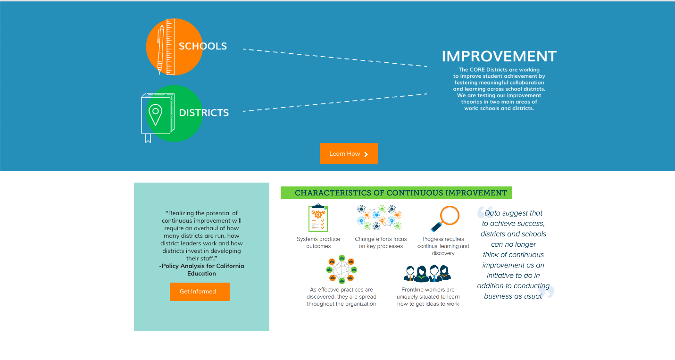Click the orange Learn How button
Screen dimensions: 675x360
click(x=349, y=153)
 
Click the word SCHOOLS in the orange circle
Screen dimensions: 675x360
click(x=203, y=46)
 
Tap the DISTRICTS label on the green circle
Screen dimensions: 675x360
click(x=204, y=113)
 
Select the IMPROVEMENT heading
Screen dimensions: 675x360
click(x=500, y=56)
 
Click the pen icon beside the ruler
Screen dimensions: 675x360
click(x=160, y=50)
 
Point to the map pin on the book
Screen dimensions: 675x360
click(x=156, y=115)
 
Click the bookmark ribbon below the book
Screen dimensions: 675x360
click(x=148, y=138)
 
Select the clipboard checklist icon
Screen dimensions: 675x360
click(x=318, y=218)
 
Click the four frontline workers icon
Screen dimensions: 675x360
click(x=427, y=274)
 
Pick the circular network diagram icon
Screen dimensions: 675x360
click(x=342, y=269)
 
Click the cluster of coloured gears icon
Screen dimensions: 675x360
click(x=379, y=218)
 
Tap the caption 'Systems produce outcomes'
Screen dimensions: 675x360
click(x=318, y=243)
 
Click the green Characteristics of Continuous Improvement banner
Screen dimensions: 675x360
click(x=396, y=193)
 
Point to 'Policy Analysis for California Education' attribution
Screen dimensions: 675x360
click(x=201, y=269)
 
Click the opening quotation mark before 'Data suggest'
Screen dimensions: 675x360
click(x=485, y=212)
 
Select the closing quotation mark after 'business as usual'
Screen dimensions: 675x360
click(x=547, y=292)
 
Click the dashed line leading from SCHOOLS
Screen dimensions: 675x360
click(x=335, y=58)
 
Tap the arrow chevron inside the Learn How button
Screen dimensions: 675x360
click(x=366, y=154)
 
